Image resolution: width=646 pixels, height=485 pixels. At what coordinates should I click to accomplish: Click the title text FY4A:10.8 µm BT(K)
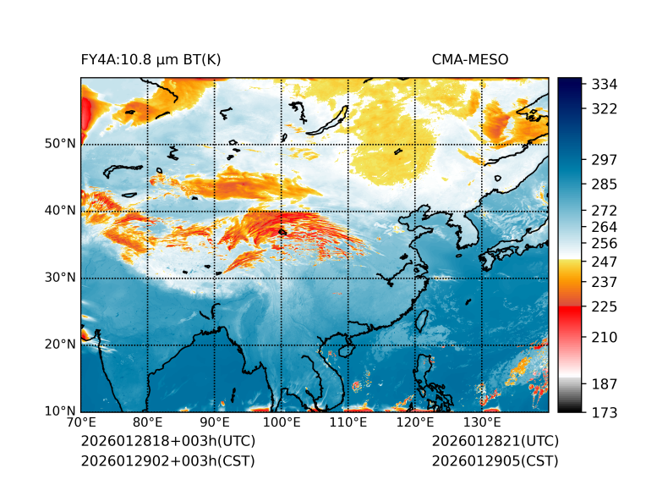[x=151, y=59]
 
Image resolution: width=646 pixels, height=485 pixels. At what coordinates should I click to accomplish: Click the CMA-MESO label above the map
[x=470, y=59]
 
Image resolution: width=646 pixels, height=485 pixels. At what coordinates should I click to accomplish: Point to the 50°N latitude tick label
[x=60, y=144]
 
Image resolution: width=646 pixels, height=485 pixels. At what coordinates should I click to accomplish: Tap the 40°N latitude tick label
[x=60, y=211]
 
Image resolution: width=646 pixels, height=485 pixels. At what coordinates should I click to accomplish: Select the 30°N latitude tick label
[x=60, y=278]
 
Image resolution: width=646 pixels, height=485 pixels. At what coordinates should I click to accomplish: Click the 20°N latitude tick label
[x=60, y=344]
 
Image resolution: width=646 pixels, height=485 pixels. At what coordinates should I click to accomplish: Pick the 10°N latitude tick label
[x=60, y=411]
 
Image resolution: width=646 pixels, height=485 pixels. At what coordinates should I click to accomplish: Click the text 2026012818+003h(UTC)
[x=167, y=442]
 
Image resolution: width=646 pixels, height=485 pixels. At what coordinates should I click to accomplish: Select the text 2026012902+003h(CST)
[x=167, y=460]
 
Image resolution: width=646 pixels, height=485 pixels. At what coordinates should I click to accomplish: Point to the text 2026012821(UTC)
[x=495, y=442]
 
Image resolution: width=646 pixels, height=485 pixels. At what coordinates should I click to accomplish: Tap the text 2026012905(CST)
[x=495, y=460]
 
